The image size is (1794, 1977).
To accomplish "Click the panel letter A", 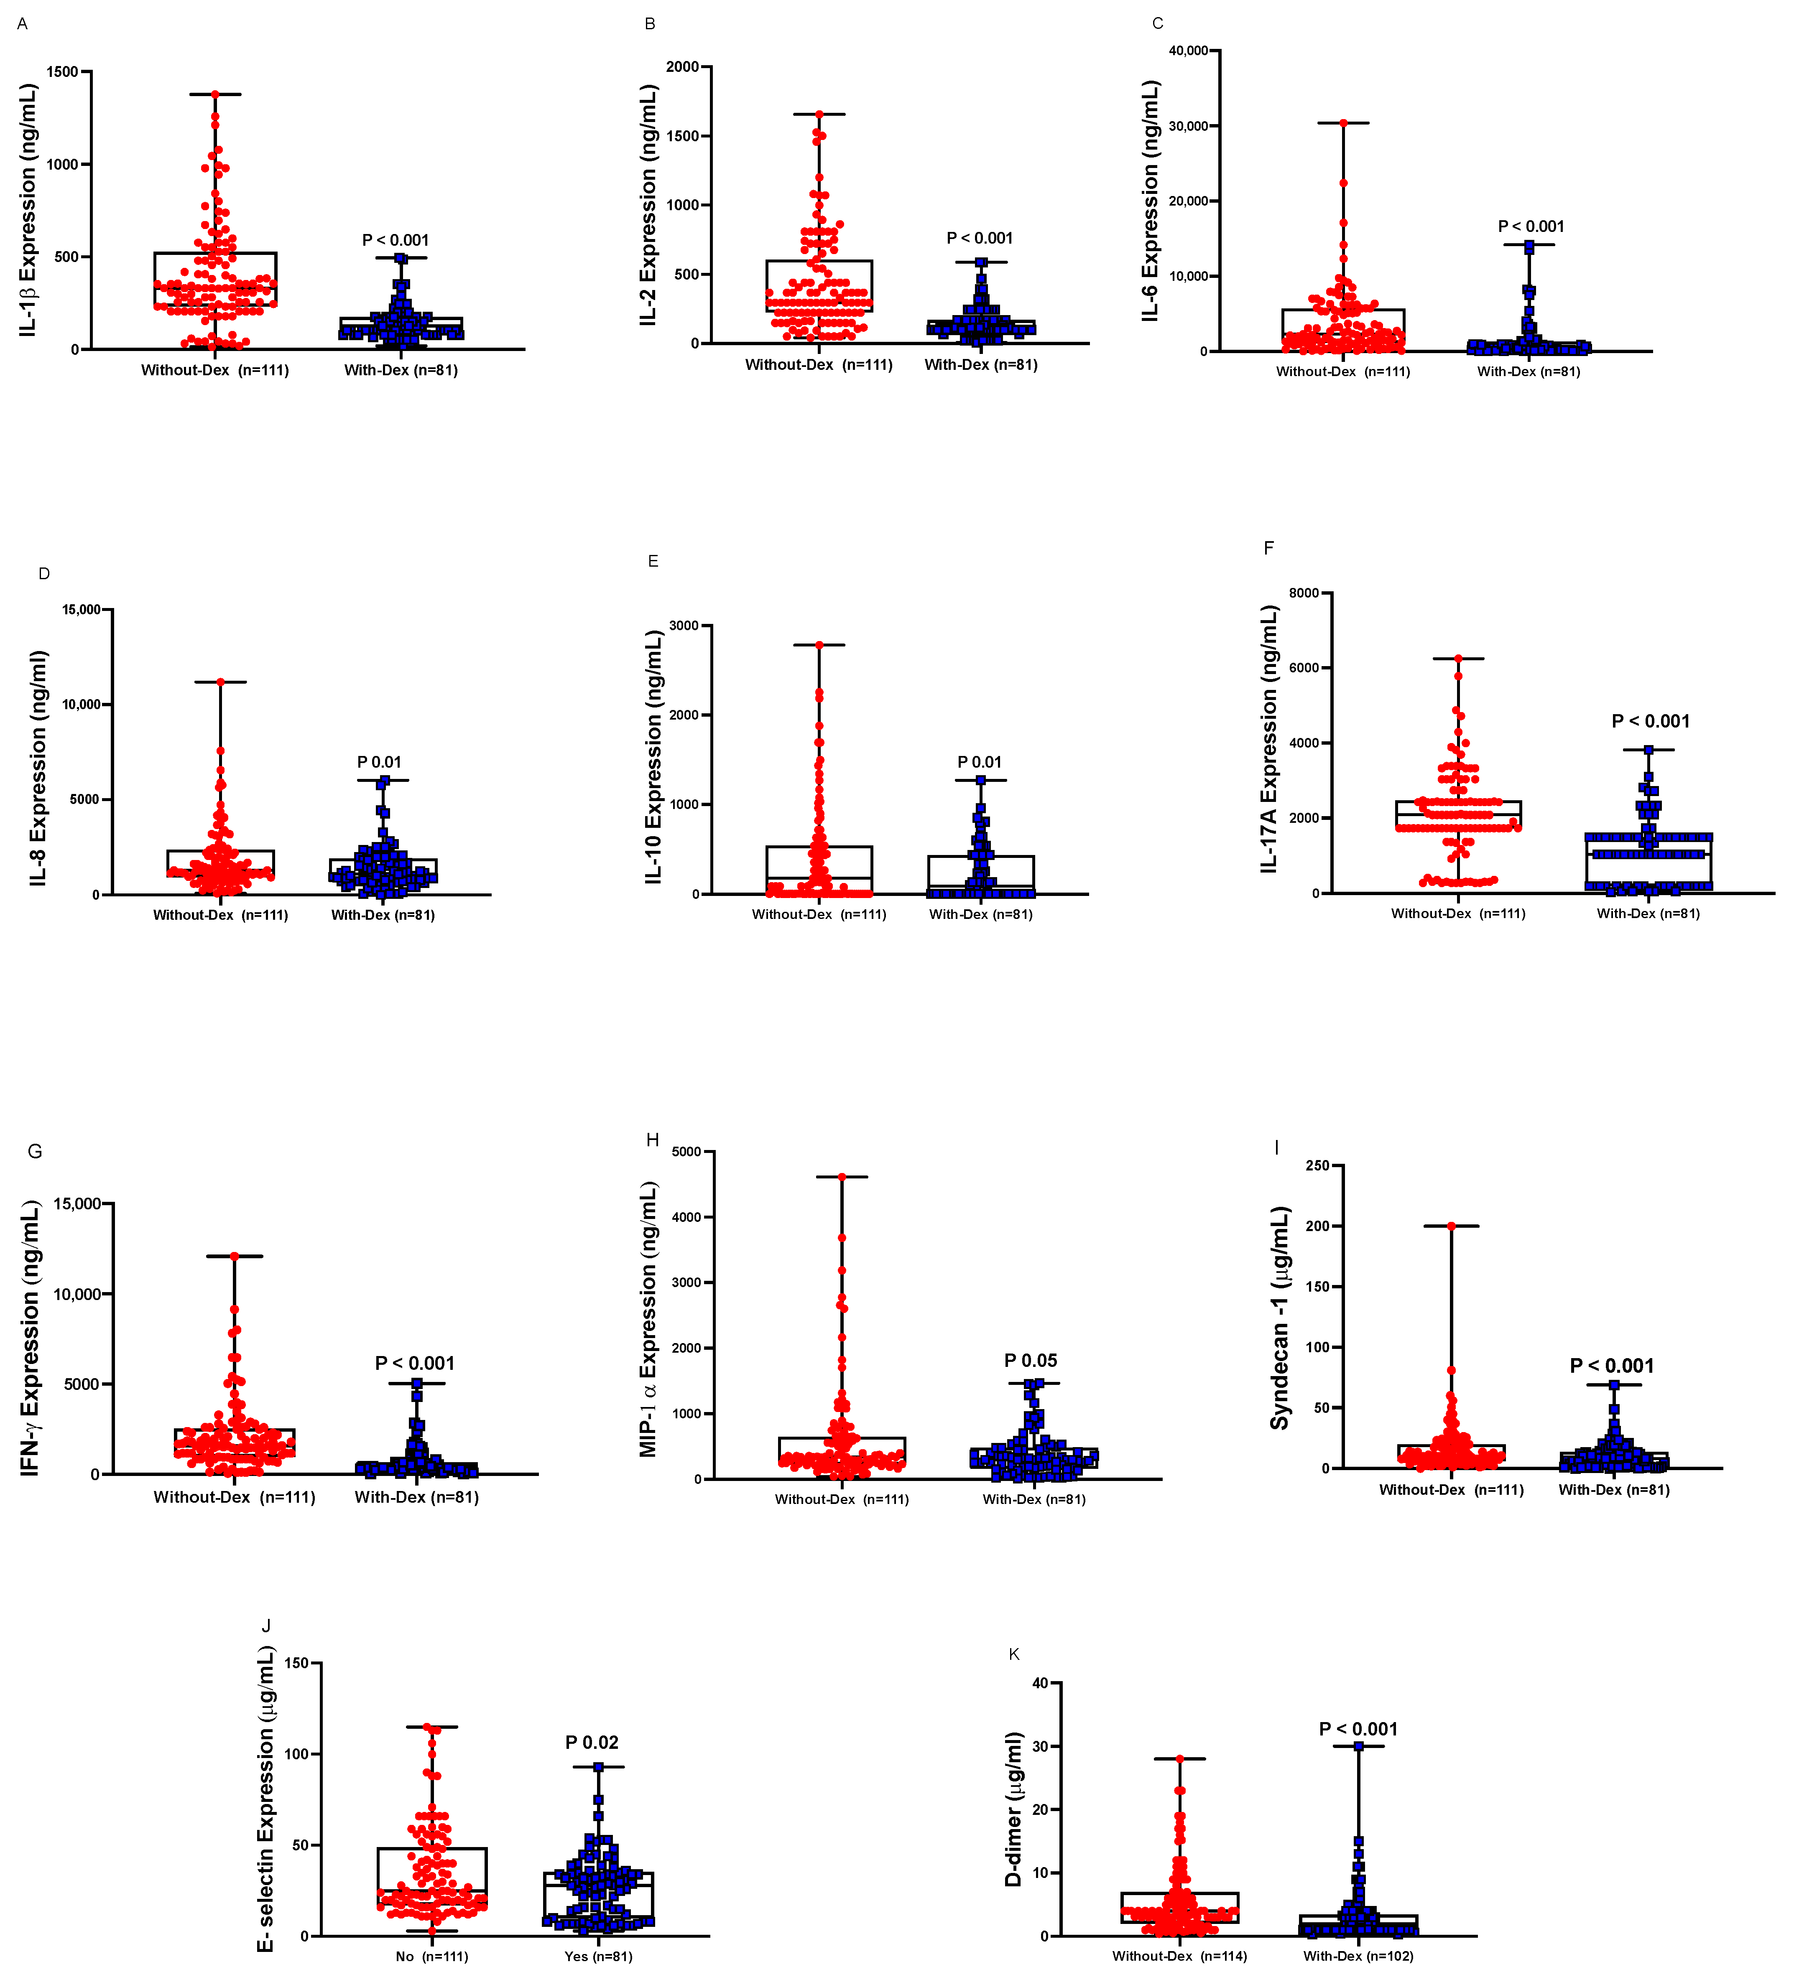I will (x=22, y=23).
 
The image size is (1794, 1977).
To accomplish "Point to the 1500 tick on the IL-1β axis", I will (x=63, y=71).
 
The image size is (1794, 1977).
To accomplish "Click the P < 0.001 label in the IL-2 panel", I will (x=979, y=238).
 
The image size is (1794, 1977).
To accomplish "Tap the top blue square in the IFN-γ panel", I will (x=417, y=1384).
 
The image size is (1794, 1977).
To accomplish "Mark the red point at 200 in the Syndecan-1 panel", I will (x=1451, y=1226).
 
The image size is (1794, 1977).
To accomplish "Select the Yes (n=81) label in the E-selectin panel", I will (x=598, y=1957).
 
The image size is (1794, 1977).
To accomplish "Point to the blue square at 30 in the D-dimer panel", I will (x=1358, y=1747).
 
